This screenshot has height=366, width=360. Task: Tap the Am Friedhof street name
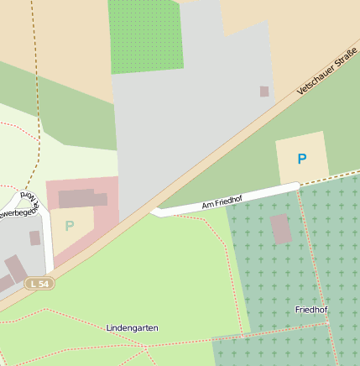tap(222, 202)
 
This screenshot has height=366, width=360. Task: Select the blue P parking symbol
tap(302, 159)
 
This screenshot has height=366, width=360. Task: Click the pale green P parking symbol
tap(70, 225)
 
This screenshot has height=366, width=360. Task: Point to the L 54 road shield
tap(39, 284)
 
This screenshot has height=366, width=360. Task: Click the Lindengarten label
tap(133, 327)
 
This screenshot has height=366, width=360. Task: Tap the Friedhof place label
tap(311, 310)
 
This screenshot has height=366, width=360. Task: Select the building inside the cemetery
tap(281, 228)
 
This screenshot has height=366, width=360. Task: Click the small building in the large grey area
tap(264, 91)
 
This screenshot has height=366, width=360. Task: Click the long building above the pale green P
tap(82, 199)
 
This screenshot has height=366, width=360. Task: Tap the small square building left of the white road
tap(34, 238)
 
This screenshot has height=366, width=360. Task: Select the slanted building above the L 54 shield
tap(15, 269)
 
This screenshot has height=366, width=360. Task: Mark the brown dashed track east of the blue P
tap(344, 174)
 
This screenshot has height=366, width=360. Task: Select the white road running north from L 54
tap(47, 251)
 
